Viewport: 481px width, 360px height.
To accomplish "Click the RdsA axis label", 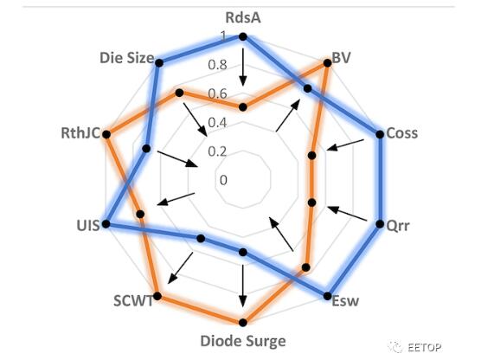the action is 243,18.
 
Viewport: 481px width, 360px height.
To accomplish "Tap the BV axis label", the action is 341,58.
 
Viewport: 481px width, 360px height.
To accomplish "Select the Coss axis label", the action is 402,133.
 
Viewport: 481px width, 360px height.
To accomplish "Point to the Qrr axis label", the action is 398,226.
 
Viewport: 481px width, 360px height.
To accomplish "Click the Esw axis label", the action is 345,300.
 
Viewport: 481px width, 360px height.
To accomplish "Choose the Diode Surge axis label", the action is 243,341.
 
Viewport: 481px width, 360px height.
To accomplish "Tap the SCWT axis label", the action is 133,301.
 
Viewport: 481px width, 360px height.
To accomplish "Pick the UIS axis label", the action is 88,226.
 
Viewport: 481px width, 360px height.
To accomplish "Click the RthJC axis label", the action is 80,133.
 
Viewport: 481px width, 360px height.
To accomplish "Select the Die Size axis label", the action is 126,58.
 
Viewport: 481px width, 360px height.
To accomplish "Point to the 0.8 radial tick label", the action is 217,65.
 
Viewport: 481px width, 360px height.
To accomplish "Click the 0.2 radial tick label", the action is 217,151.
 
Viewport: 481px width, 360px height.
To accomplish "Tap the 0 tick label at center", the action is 223,180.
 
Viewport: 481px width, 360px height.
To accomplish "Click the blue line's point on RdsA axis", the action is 243,37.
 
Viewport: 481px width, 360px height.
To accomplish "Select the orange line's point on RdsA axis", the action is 243,107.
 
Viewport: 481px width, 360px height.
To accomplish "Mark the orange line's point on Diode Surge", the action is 243,322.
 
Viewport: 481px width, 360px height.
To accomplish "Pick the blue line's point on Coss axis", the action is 380,134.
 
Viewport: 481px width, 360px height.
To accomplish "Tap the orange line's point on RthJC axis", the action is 106,134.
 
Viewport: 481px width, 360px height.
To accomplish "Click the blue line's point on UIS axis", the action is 106,224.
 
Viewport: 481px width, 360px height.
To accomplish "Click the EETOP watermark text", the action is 424,347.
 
